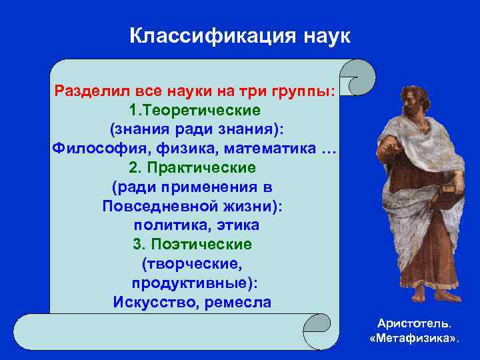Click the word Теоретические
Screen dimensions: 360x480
[201, 109]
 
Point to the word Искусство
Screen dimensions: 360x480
[151, 302]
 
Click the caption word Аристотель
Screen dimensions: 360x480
[413, 323]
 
